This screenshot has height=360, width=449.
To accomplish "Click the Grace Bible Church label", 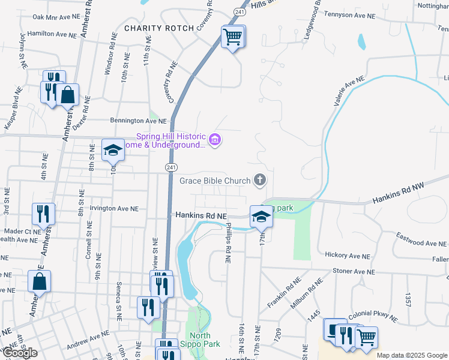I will (214, 180).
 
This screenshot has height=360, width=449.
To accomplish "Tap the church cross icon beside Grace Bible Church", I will (260, 179).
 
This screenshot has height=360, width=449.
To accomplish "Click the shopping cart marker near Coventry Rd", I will (232, 37).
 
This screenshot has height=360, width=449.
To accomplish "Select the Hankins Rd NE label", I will (201, 215).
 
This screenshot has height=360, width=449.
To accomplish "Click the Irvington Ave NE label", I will (114, 209).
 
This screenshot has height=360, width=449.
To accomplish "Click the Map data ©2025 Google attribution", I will (412, 355).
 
